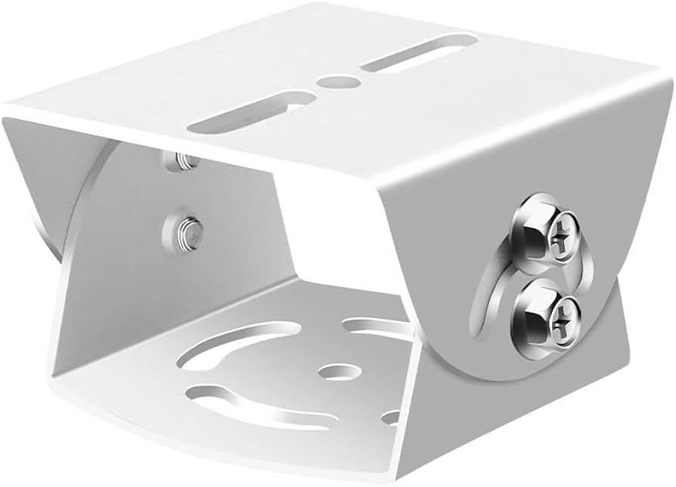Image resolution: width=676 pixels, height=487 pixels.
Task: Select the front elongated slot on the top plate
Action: tap(250, 113)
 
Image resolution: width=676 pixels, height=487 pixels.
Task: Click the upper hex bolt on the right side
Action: tap(545, 234)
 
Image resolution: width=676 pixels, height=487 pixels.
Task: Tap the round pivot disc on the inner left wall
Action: tap(125, 204)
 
